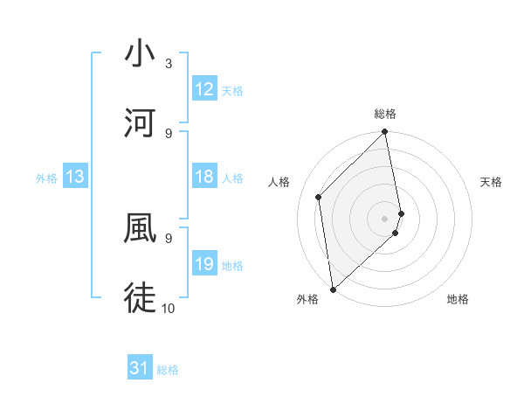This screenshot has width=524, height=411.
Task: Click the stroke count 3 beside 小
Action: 169,64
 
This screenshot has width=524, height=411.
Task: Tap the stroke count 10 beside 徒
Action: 169,308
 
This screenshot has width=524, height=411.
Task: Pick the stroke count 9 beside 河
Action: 169,133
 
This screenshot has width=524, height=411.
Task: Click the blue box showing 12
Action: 204,89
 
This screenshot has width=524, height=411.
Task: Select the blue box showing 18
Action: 204,177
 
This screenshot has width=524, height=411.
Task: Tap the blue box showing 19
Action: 204,264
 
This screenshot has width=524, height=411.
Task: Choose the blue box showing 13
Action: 75,177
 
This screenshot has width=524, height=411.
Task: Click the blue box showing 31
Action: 140,368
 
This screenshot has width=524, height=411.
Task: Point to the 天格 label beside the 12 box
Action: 232,91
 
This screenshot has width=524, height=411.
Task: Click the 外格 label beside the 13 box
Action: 46,178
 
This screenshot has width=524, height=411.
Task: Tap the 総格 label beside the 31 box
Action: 168,370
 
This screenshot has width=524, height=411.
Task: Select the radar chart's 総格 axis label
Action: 385,114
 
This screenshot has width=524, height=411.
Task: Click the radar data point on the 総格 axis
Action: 385,133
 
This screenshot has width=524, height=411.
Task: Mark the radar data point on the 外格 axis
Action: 333,289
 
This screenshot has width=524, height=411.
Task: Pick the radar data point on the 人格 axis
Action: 319,197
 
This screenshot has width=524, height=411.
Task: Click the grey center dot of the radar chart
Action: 385,218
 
